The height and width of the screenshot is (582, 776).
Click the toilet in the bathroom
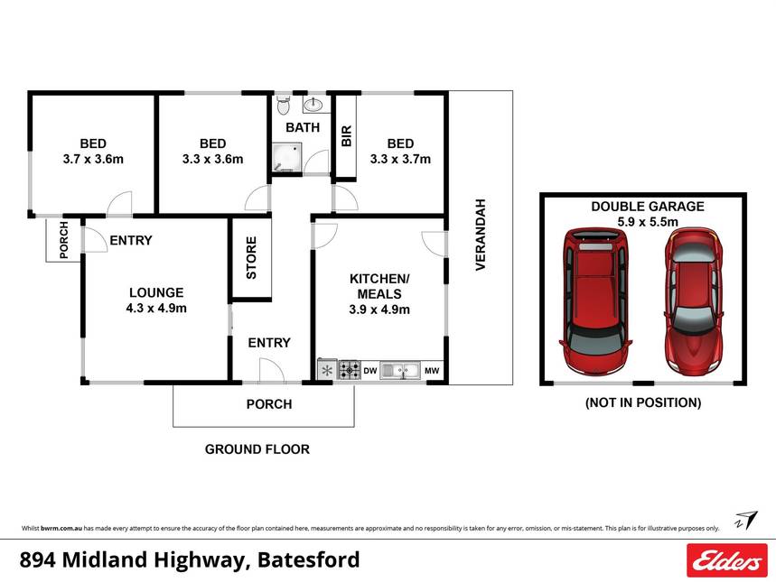[x=283, y=105]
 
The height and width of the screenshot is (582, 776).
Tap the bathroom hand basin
[x=313, y=105]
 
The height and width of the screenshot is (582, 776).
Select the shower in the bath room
[x=287, y=157]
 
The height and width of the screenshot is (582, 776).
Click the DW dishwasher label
[x=370, y=370]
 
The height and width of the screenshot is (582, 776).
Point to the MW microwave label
[x=432, y=370]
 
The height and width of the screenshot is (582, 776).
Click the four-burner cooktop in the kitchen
[x=350, y=369]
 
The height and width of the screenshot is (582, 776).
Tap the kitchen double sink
[x=400, y=370]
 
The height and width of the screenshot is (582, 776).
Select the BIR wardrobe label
[x=346, y=136]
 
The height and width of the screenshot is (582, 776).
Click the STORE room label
[x=251, y=258]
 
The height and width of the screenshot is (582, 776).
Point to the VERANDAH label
[x=481, y=235]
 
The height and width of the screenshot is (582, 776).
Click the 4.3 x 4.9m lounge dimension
[x=156, y=308]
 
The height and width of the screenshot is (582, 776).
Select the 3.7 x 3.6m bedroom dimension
[x=93, y=159]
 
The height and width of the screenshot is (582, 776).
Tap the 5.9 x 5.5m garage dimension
[x=648, y=222]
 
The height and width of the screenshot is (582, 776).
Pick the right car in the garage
[x=693, y=301]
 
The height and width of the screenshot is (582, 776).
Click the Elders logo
[x=726, y=560]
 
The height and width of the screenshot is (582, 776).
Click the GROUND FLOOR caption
[x=257, y=449]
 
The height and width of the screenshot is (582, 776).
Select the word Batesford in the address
[x=309, y=560]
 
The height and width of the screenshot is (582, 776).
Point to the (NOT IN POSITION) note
[x=643, y=402]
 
